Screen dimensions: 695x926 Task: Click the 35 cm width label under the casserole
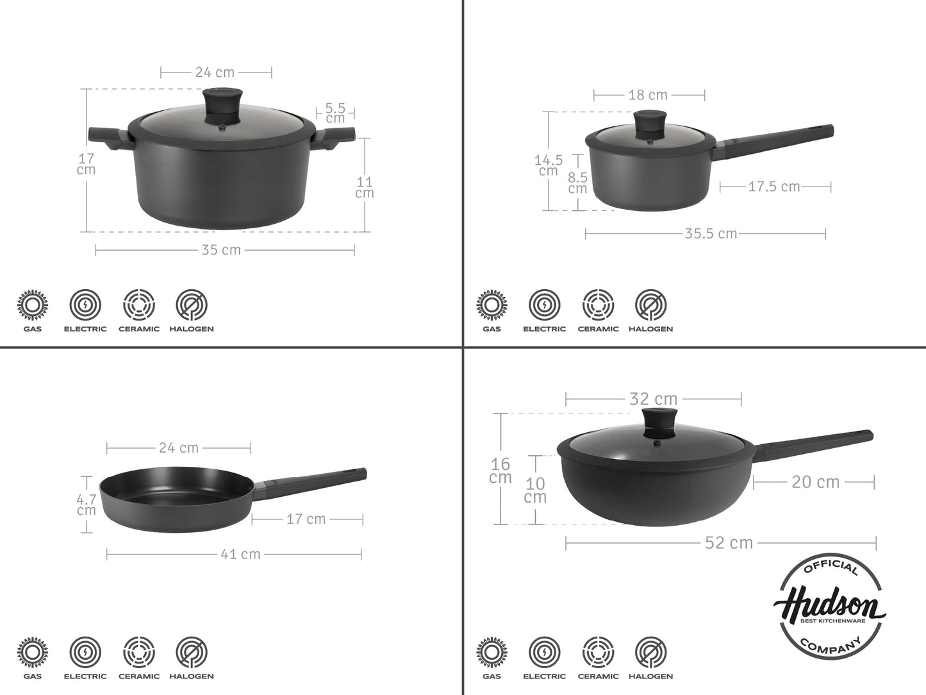[x=221, y=250]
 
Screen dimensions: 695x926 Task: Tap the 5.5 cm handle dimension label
[x=335, y=113]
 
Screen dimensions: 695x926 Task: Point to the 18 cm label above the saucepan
[x=648, y=95]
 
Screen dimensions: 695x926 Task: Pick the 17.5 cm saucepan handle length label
[x=774, y=187]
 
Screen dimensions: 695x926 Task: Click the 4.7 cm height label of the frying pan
[x=87, y=505]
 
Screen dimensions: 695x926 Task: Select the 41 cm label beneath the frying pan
[x=241, y=554]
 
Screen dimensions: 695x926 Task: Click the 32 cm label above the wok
[x=653, y=399]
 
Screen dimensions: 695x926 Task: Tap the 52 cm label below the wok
[x=729, y=543]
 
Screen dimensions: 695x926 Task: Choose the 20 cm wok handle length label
[x=815, y=481]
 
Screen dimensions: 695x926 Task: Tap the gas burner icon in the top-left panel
[x=32, y=305]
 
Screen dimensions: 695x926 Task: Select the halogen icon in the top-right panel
[x=650, y=305]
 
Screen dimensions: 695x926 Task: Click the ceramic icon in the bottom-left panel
[x=139, y=652]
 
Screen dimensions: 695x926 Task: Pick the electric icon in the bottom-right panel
[x=544, y=652]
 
